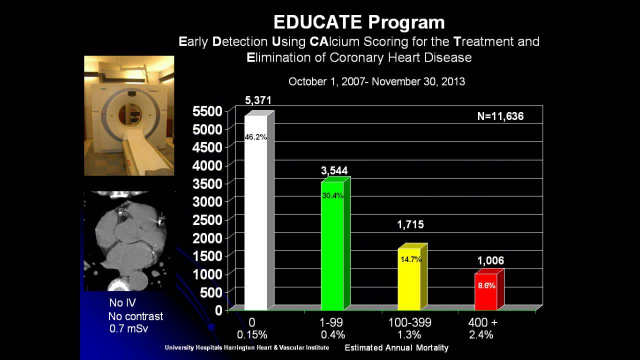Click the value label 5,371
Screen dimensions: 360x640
[x=258, y=100]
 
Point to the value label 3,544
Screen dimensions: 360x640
[x=334, y=170]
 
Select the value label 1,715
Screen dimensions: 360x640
[x=410, y=225]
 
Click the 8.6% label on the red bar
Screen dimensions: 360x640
[x=486, y=286]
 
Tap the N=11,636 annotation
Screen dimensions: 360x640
[x=500, y=116]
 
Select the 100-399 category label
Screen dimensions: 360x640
[x=409, y=322]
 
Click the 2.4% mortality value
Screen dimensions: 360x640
[x=481, y=334]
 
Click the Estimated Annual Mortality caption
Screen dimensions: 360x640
[x=396, y=347]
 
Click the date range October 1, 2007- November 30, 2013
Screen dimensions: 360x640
[x=376, y=81]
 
